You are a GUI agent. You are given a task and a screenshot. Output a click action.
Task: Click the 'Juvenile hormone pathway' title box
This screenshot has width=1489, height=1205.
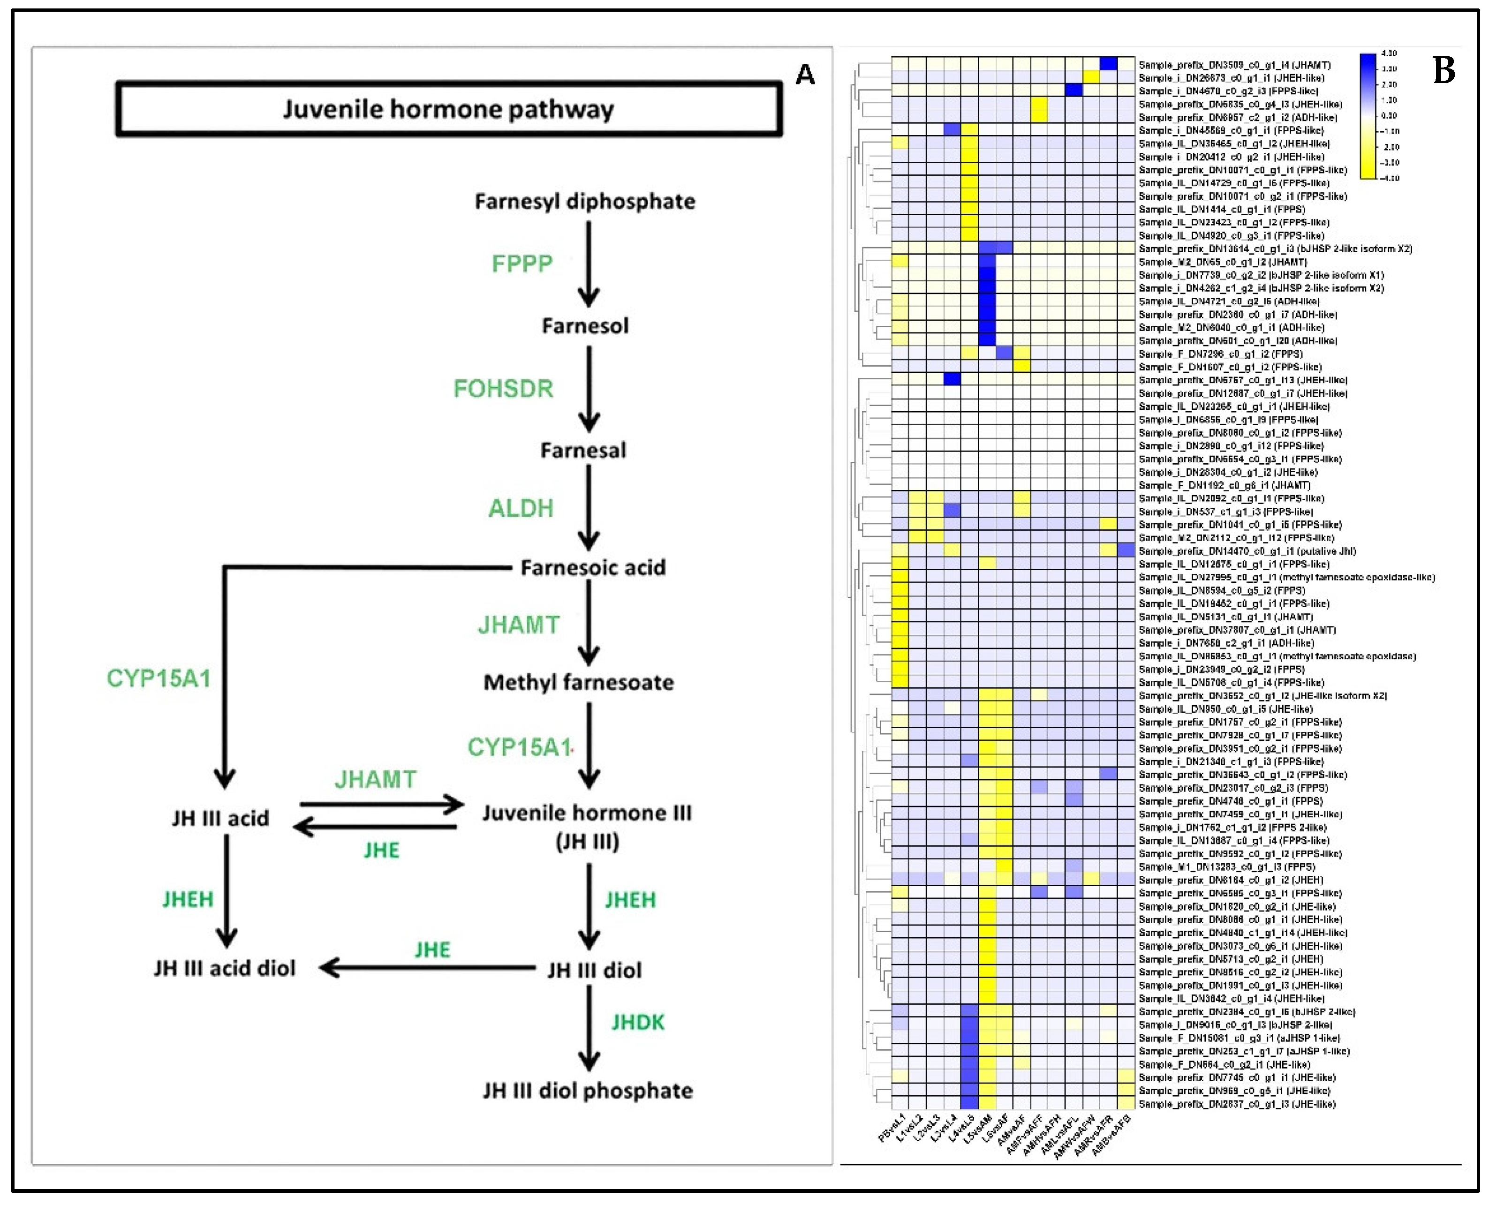[x=448, y=109]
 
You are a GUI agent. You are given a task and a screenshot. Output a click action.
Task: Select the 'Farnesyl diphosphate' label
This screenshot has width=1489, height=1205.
[x=584, y=201]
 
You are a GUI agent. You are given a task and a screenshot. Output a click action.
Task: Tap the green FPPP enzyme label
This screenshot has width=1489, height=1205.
[x=522, y=264]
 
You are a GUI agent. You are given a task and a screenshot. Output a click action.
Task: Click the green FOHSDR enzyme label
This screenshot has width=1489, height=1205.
[x=503, y=389]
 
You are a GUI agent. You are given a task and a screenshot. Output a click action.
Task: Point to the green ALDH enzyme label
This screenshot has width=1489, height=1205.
[x=521, y=508]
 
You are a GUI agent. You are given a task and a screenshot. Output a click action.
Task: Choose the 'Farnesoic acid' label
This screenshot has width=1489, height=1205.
[x=593, y=568]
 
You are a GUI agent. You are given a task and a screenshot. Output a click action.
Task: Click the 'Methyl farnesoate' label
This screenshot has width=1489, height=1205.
[x=578, y=682]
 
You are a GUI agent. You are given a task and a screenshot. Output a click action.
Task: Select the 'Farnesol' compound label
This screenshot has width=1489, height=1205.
[x=585, y=325]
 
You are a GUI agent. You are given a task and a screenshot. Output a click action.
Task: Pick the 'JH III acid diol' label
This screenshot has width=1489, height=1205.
[x=224, y=968]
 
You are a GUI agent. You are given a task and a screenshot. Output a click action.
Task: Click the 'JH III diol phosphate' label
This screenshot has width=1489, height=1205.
[x=587, y=1091]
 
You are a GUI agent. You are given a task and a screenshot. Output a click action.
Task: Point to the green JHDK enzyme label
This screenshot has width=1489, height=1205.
[x=638, y=1022]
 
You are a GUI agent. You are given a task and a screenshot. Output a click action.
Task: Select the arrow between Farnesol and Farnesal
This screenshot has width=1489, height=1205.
[x=589, y=388]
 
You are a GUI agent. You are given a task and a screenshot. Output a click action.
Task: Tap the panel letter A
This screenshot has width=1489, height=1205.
[x=805, y=74]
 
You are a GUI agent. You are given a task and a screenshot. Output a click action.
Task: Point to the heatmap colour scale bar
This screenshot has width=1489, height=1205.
[x=1368, y=116]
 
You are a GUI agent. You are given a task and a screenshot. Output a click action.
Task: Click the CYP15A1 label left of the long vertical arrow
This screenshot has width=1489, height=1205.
[x=158, y=678]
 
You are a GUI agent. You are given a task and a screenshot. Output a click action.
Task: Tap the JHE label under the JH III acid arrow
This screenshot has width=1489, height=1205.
[x=381, y=851]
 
